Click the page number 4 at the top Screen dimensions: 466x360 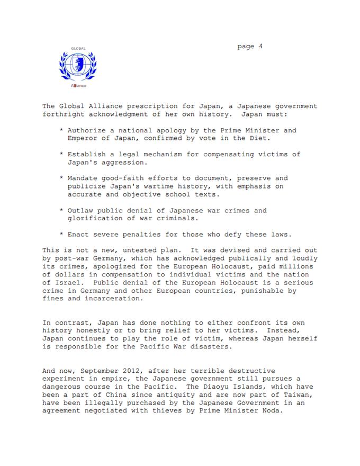261,47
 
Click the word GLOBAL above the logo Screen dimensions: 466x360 78,48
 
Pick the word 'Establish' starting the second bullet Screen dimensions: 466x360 87,154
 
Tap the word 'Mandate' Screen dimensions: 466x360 83,178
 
